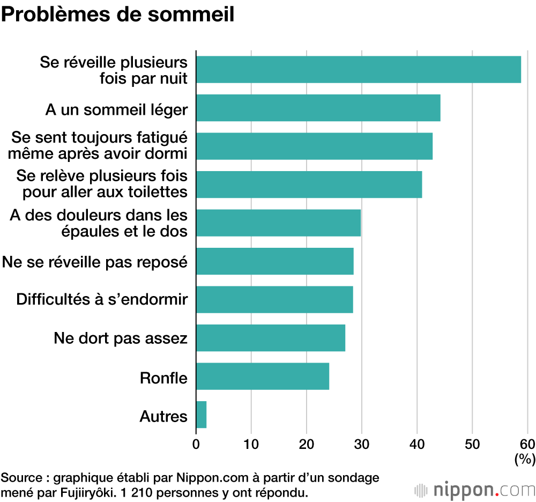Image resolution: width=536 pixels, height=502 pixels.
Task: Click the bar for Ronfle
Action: tap(263, 376)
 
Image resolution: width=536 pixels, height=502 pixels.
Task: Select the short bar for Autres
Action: tap(202, 415)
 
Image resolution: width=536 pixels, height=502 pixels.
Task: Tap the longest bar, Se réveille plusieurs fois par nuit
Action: tap(358, 70)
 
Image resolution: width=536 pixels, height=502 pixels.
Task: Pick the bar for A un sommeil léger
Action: tap(318, 108)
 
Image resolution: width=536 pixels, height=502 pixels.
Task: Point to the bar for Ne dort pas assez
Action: tap(271, 338)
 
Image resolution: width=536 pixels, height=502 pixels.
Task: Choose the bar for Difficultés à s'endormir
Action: tap(274, 299)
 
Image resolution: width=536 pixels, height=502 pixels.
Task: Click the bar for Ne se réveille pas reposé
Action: tap(275, 261)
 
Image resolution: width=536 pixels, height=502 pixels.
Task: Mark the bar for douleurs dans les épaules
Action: tap(278, 223)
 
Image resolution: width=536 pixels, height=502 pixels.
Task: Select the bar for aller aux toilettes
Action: tap(309, 184)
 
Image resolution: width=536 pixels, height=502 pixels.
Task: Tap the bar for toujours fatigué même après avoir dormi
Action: tap(314, 146)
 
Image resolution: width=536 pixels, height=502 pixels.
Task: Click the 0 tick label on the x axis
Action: tap(196, 444)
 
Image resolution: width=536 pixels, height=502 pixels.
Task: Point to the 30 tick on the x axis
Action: tap(362, 444)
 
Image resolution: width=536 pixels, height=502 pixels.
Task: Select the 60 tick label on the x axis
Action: tap(527, 444)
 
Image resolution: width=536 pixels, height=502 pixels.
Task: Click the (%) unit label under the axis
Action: tap(525, 459)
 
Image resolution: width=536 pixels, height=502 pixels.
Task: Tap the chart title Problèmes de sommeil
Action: tap(118, 14)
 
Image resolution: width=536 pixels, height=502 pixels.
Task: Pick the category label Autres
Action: tap(163, 416)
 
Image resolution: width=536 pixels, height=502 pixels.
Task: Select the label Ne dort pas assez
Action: tap(121, 338)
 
